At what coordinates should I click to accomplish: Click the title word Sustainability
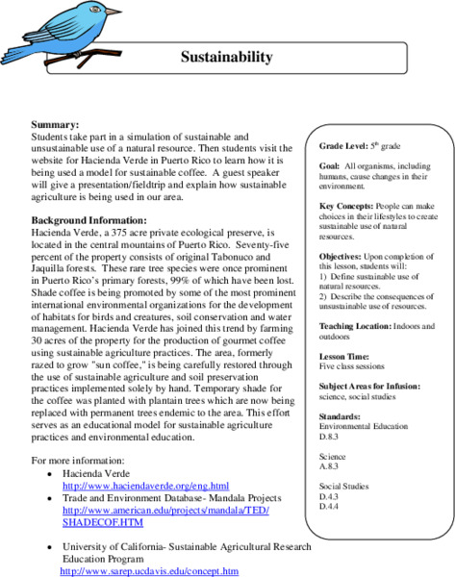tap(227, 57)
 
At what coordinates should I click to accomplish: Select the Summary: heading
tap(56, 125)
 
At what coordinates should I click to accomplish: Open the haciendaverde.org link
tap(145, 486)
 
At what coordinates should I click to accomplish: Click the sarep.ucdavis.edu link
tap(149, 570)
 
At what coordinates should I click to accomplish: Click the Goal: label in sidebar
tap(330, 166)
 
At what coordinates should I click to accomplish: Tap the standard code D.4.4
tap(330, 506)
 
